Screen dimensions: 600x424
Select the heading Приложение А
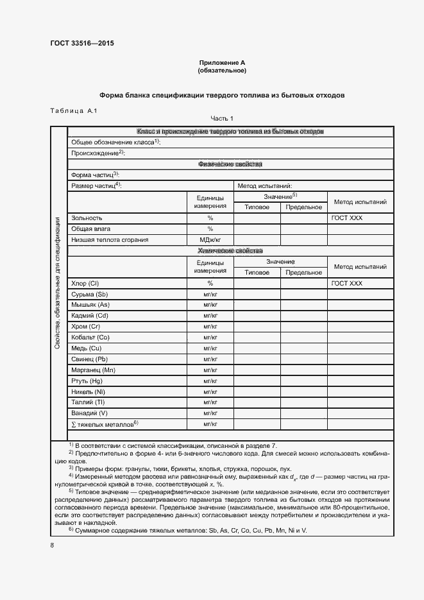[222, 63]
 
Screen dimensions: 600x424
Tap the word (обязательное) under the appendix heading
[222, 71]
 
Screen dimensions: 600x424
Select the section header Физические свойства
[230, 164]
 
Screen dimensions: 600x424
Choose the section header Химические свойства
[230, 251]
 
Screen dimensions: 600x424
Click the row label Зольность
[87, 218]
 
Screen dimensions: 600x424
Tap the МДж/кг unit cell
[210, 240]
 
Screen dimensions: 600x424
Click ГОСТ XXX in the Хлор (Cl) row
[346, 283]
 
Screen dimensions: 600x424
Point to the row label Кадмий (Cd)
[90, 316]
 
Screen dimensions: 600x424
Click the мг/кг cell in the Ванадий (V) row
[210, 413]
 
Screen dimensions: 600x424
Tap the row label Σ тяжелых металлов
[105, 424]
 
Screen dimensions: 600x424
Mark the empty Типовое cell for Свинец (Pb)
[257, 359]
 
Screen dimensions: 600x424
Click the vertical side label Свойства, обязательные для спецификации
[58, 283]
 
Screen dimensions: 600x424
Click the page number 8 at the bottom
[51, 545]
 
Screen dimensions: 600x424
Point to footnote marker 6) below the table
[72, 529]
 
